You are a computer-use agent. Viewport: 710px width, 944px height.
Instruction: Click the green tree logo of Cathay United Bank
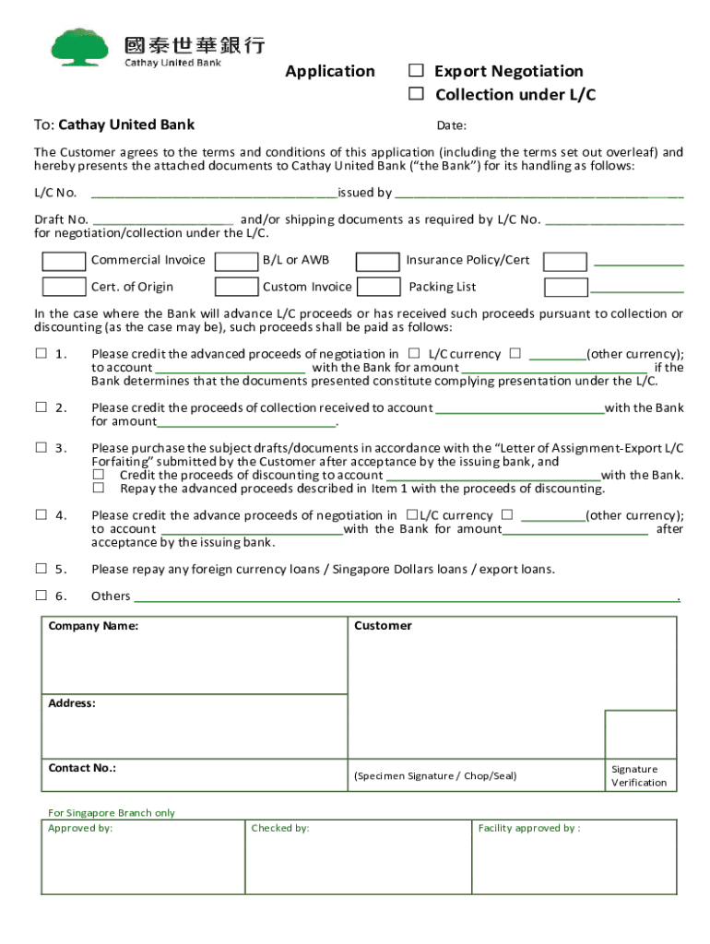coord(83,47)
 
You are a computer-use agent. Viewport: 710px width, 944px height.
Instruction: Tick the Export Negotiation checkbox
coord(417,71)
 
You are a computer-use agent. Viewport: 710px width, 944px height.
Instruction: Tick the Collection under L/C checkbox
coord(417,94)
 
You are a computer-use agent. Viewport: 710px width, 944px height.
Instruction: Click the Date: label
coord(451,126)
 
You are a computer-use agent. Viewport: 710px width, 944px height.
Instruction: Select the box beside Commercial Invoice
coord(65,261)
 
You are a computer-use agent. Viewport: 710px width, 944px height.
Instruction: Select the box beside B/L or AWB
coord(236,261)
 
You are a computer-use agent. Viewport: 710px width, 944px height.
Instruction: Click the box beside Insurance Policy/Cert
coord(378,261)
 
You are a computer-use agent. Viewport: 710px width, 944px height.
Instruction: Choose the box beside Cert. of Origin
coord(65,287)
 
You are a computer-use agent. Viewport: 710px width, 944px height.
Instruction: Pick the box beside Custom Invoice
coord(236,287)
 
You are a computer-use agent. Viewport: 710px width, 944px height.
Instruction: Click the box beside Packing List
coord(378,287)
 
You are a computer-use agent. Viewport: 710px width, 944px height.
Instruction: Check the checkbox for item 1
coord(41,354)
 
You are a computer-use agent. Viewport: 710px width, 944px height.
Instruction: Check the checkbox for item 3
coord(41,448)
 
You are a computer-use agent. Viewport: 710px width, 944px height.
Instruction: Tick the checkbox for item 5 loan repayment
coord(41,569)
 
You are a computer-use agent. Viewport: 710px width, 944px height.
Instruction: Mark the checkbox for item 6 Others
coord(41,596)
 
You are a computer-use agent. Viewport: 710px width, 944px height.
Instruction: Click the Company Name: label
coord(93,627)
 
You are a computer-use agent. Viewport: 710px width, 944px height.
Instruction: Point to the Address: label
coord(71,703)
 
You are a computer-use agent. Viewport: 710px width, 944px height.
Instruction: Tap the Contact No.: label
coord(82,768)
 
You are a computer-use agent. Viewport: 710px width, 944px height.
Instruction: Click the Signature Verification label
coord(638,776)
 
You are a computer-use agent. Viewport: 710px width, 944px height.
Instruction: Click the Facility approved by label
coord(528,829)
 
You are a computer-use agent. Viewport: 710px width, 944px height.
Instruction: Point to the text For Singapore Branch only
coord(111,813)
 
